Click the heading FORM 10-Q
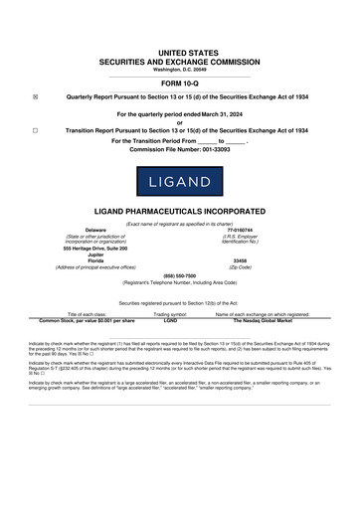click(x=179, y=84)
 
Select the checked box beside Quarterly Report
click(x=35, y=97)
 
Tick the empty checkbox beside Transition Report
click(x=35, y=130)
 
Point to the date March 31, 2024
click(x=223, y=114)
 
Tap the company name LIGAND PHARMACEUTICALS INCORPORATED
click(x=179, y=214)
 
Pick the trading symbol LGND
click(x=170, y=321)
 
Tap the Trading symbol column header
click(x=170, y=314)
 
